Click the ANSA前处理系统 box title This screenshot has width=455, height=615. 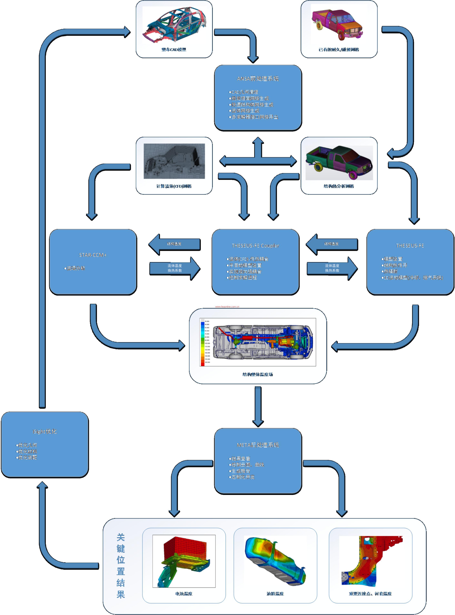258,79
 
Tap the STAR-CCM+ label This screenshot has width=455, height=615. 93,255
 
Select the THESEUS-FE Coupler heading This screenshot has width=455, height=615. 255,245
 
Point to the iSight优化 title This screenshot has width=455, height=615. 45,431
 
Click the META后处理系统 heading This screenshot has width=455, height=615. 258,445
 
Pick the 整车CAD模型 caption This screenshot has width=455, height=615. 174,49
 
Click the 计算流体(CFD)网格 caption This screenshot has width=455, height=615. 174,186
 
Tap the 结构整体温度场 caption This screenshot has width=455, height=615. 258,374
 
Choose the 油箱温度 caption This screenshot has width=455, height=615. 275,594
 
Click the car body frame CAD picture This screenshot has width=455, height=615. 174,25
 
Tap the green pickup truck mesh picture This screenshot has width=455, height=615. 339,162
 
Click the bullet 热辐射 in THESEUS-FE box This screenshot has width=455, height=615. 390,271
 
